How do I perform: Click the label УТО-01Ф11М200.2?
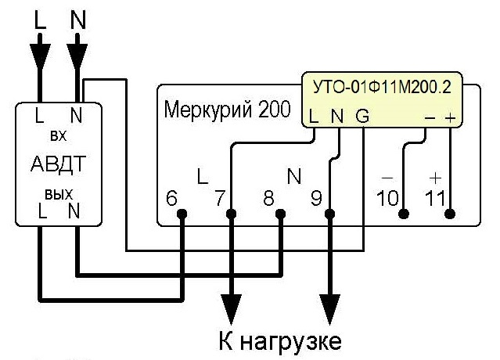(382, 87)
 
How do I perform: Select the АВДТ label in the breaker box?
(59, 164)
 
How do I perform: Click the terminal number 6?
(171, 198)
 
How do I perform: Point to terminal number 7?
(220, 198)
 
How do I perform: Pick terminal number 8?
(268, 198)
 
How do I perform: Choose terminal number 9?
(317, 198)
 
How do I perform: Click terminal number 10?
(387, 198)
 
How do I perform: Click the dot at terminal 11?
(450, 214)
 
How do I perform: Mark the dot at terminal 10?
(404, 214)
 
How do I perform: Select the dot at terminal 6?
(182, 214)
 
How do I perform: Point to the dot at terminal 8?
(280, 214)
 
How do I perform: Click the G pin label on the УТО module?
(362, 116)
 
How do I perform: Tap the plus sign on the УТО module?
(450, 118)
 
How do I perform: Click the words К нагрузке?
(279, 341)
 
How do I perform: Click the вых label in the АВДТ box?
(59, 194)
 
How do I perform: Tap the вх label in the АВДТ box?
(59, 136)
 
